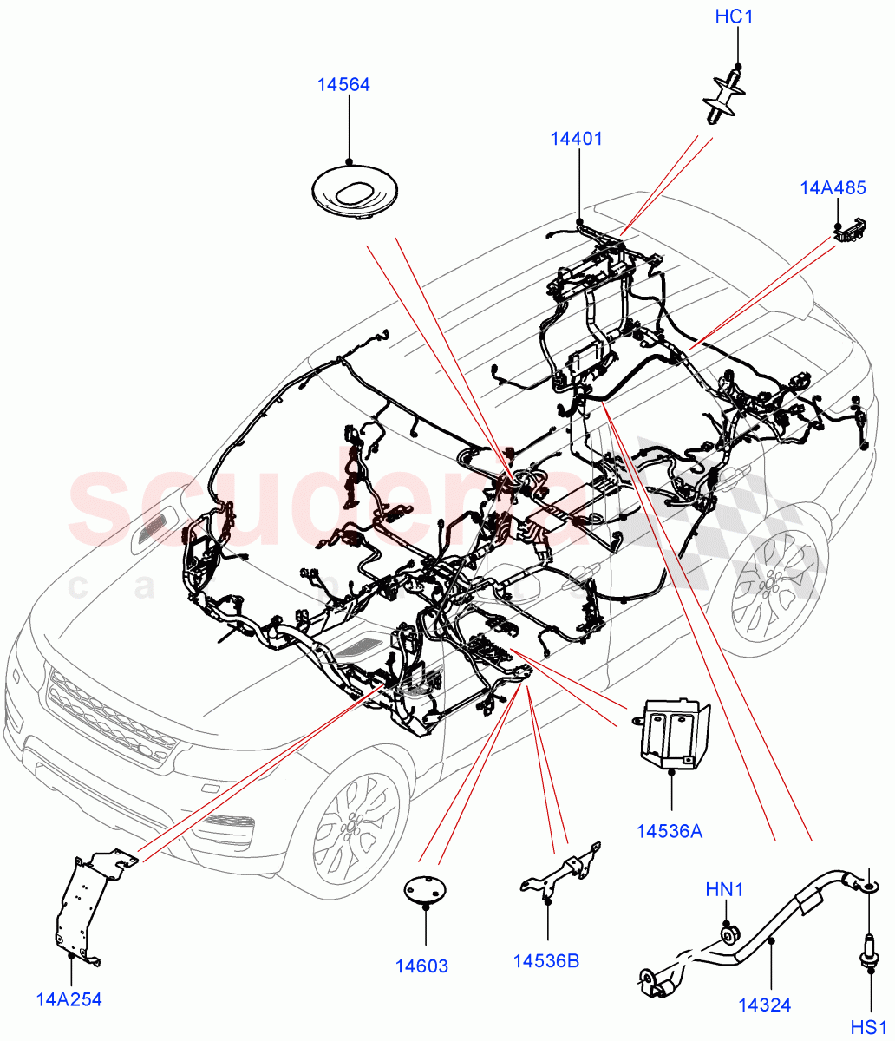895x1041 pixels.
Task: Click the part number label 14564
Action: (343, 84)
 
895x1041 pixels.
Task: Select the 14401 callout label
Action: (576, 138)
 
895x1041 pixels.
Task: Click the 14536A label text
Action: (669, 831)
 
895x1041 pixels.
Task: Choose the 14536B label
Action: (546, 960)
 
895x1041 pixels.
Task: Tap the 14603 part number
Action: (422, 966)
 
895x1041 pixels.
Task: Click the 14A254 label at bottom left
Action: (69, 999)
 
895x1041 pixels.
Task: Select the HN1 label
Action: (724, 889)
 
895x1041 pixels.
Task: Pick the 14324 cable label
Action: (764, 1005)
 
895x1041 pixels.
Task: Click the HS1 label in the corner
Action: (867, 1026)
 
